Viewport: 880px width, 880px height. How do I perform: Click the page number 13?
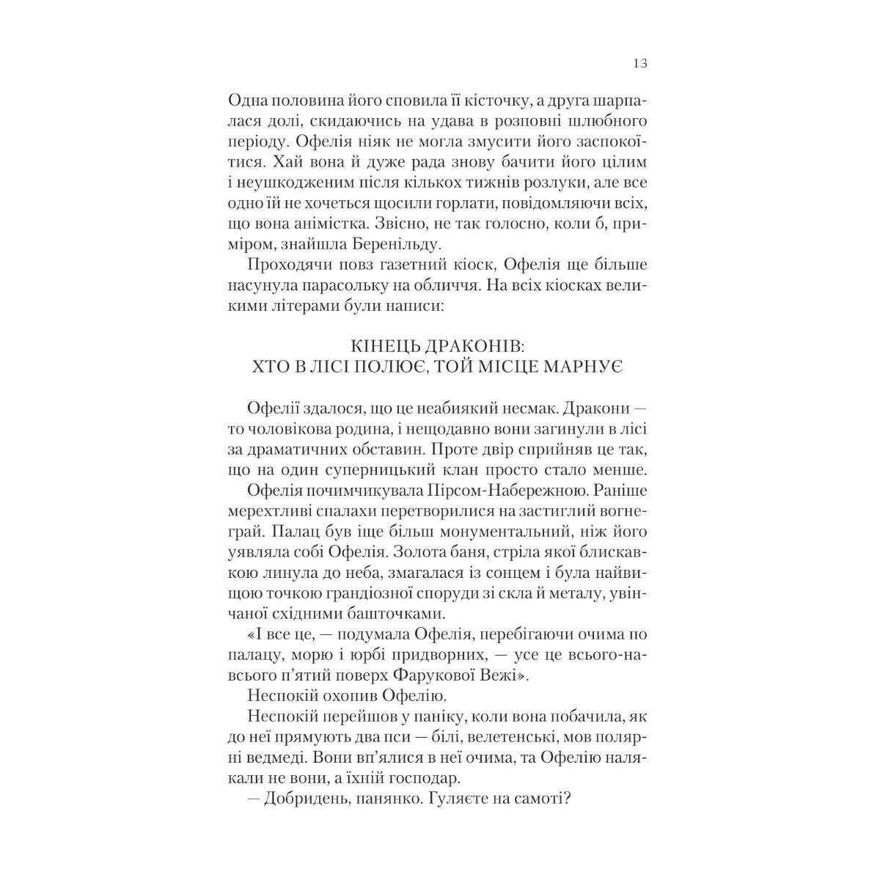point(639,64)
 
